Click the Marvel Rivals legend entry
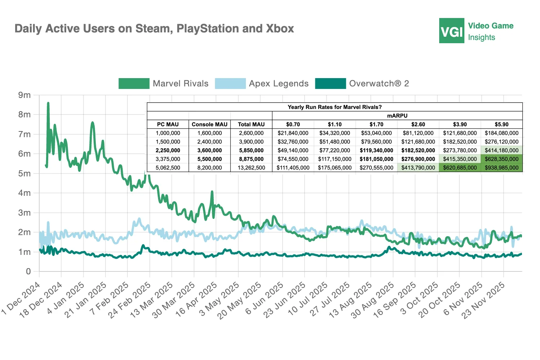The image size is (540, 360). tap(164, 84)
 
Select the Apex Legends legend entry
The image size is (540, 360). tap(262, 84)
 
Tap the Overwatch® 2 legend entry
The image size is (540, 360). tap(362, 84)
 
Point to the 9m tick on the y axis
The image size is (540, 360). tap(24, 95)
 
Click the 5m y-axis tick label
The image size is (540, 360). tap(24, 174)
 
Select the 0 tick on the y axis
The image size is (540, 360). tap(28, 271)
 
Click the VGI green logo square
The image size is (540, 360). tap(451, 31)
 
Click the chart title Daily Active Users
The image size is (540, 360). tap(154, 28)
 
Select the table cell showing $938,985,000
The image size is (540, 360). tap(501, 168)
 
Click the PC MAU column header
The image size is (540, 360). tap(168, 124)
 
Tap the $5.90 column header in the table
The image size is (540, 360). tap(501, 124)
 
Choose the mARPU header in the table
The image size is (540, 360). tap(397, 116)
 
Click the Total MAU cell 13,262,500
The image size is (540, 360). tap(251, 168)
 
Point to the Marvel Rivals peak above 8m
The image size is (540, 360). tap(48, 103)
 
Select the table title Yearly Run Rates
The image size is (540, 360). tap(334, 107)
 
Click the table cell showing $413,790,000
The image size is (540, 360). tap(418, 168)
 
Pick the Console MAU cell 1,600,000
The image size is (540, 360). tap(210, 133)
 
